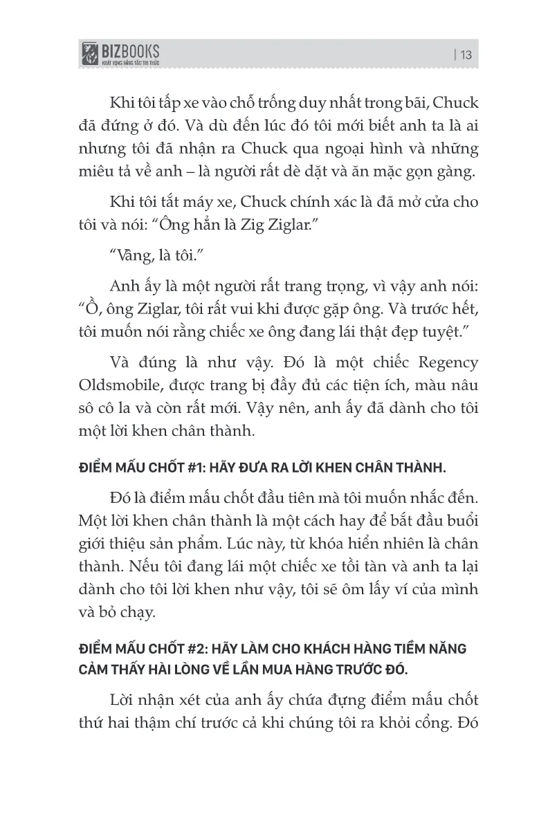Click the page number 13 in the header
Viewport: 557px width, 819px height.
tap(466, 55)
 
